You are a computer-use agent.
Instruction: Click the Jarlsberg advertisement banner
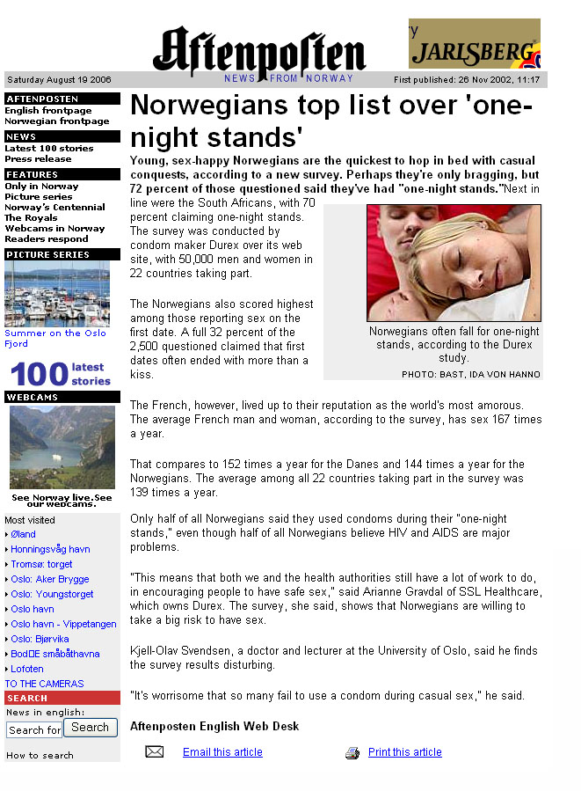coord(474,44)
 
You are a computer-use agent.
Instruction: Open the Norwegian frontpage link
coord(57,121)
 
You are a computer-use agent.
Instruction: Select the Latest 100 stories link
coord(49,149)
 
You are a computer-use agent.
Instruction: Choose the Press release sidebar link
coord(37,159)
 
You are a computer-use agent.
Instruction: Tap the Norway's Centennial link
coord(54,208)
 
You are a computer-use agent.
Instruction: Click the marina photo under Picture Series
coord(57,294)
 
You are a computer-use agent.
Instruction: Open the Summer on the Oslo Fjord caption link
coord(55,338)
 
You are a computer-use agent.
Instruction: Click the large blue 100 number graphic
coord(39,374)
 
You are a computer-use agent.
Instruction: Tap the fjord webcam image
coord(62,447)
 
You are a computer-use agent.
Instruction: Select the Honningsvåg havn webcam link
coord(50,549)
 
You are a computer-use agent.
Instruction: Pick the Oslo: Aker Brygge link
coord(50,579)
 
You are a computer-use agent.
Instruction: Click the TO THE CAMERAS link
coord(44,684)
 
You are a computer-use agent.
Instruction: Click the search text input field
coord(34,729)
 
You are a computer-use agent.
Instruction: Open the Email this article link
coord(222,752)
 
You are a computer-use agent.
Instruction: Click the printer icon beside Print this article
coord(352,753)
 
